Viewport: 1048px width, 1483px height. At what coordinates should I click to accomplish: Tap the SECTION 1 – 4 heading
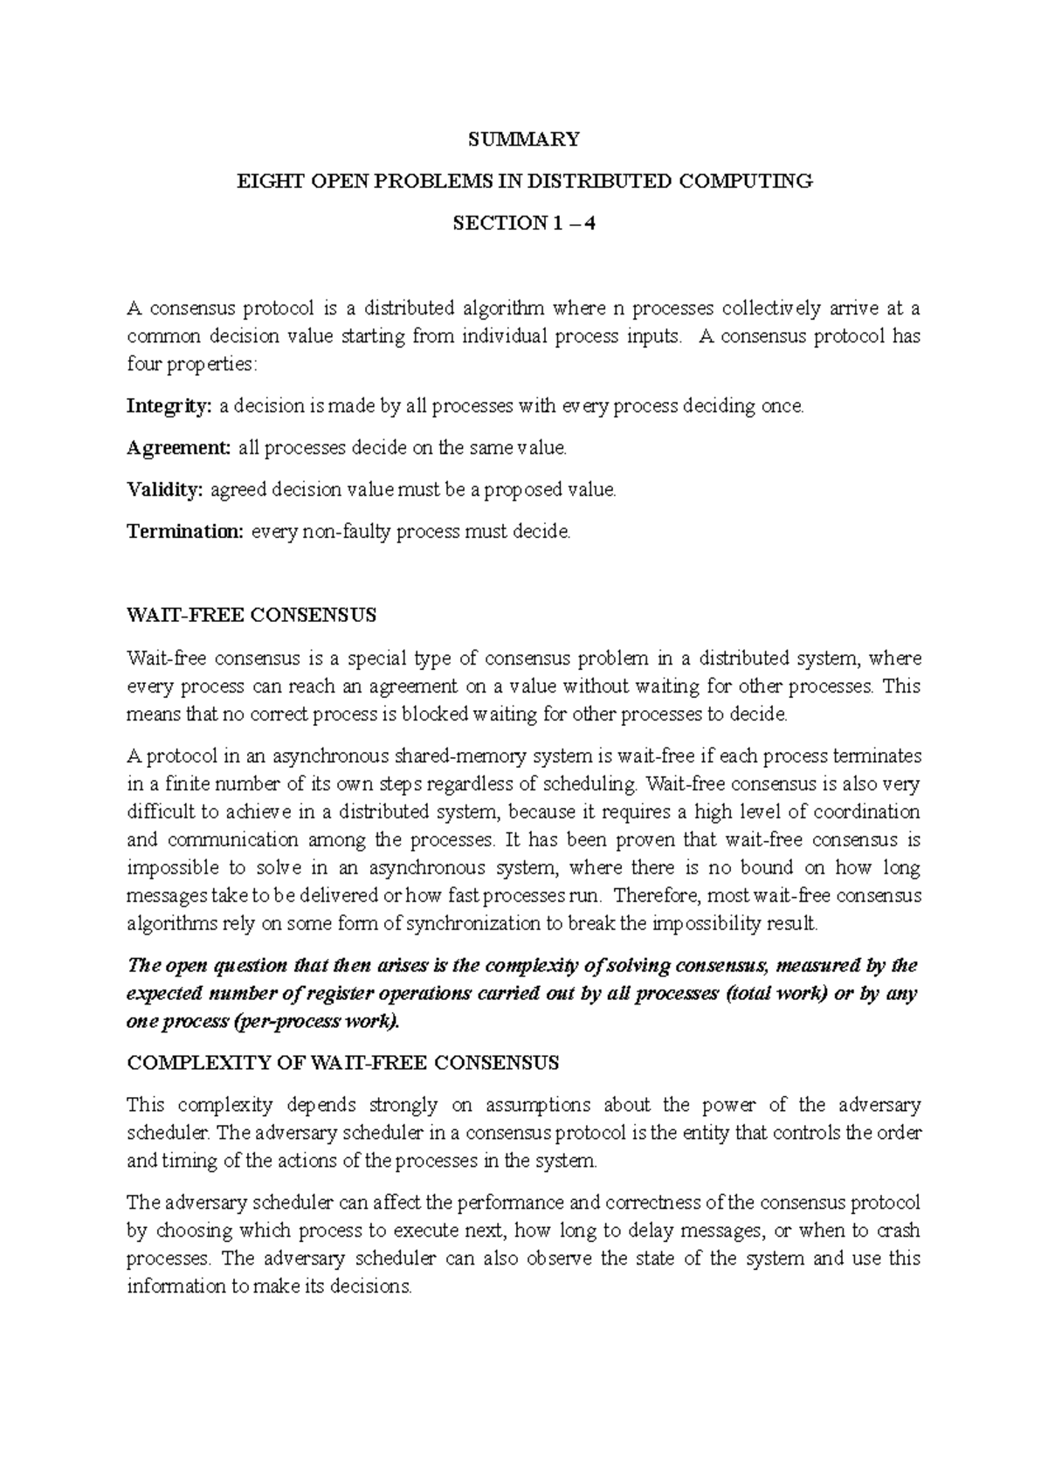(x=523, y=223)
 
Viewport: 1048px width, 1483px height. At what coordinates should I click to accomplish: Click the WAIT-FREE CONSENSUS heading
(x=252, y=616)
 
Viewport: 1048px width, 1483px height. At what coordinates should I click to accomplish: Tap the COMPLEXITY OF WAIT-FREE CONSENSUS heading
(x=342, y=1063)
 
